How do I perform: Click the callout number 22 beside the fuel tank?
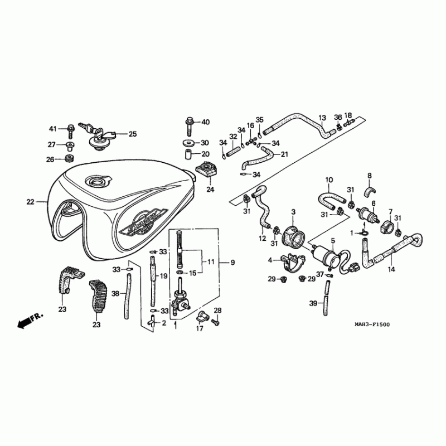[30, 201]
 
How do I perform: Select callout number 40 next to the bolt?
[205, 122]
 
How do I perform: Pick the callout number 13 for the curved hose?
[322, 118]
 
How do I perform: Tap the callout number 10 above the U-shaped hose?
[329, 180]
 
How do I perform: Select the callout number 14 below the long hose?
[391, 269]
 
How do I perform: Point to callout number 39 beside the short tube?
[313, 303]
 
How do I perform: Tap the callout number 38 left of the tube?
[115, 293]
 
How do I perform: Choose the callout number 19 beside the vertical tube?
[164, 276]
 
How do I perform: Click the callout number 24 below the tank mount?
[210, 190]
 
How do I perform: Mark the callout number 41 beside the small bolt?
[53, 129]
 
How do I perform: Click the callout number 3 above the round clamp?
[294, 212]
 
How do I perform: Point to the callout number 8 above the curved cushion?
[369, 176]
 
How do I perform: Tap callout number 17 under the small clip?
[199, 329]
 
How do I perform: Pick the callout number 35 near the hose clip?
[259, 120]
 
